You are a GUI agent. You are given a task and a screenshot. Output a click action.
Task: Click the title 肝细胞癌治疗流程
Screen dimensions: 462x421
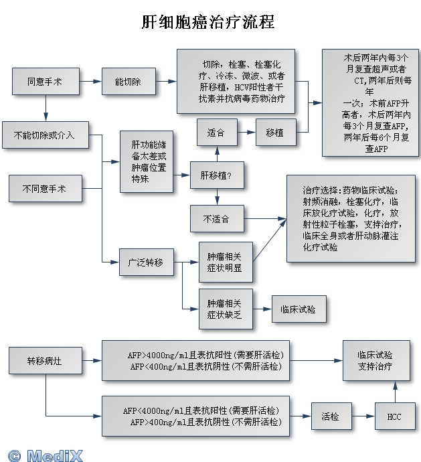click(208, 23)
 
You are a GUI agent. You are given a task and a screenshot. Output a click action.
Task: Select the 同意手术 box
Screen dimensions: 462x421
click(46, 82)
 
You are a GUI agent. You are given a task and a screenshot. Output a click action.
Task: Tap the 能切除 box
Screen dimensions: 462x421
click(128, 82)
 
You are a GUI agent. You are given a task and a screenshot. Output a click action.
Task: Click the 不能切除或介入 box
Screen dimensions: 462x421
click(44, 135)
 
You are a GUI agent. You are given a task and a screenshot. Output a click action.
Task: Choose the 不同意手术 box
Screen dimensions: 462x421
click(44, 188)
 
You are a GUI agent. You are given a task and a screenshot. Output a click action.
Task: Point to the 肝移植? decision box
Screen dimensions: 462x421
click(217, 175)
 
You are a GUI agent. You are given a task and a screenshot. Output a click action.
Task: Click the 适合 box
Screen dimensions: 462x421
click(216, 133)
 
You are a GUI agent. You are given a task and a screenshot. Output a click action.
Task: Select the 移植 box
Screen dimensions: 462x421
click(274, 133)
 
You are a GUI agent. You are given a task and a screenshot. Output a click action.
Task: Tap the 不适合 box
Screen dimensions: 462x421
click(216, 218)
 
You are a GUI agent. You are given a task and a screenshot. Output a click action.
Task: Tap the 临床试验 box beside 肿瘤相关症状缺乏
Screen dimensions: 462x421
click(299, 309)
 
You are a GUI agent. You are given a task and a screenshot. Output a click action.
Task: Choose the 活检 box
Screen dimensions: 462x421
click(330, 416)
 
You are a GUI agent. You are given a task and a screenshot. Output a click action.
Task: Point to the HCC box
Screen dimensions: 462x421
click(394, 416)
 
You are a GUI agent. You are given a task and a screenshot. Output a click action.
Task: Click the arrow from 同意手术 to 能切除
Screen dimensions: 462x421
click(90, 82)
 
